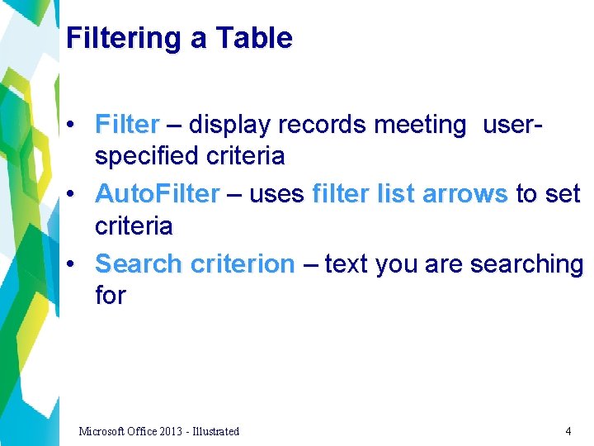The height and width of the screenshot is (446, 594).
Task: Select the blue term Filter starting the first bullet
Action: click(127, 125)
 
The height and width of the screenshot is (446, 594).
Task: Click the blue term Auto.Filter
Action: click(158, 194)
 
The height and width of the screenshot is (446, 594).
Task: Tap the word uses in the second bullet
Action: click(276, 194)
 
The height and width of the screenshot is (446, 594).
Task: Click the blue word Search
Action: click(139, 264)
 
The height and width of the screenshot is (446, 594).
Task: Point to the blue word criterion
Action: click(242, 264)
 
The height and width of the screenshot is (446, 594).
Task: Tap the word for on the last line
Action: click(111, 295)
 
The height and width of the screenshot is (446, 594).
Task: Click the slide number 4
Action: click(568, 431)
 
